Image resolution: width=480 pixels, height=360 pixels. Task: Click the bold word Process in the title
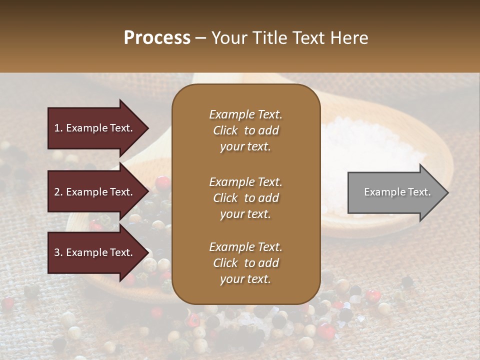click(x=157, y=38)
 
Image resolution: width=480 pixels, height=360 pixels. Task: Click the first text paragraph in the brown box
click(x=245, y=130)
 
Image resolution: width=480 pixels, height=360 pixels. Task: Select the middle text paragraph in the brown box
click(x=245, y=197)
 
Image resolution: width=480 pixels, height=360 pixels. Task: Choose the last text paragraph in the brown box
click(x=245, y=263)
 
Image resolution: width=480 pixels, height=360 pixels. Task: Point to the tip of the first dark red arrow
click(x=148, y=128)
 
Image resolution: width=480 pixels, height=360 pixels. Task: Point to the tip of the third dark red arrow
click(x=148, y=252)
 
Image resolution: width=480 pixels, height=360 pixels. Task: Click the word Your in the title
click(x=227, y=38)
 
